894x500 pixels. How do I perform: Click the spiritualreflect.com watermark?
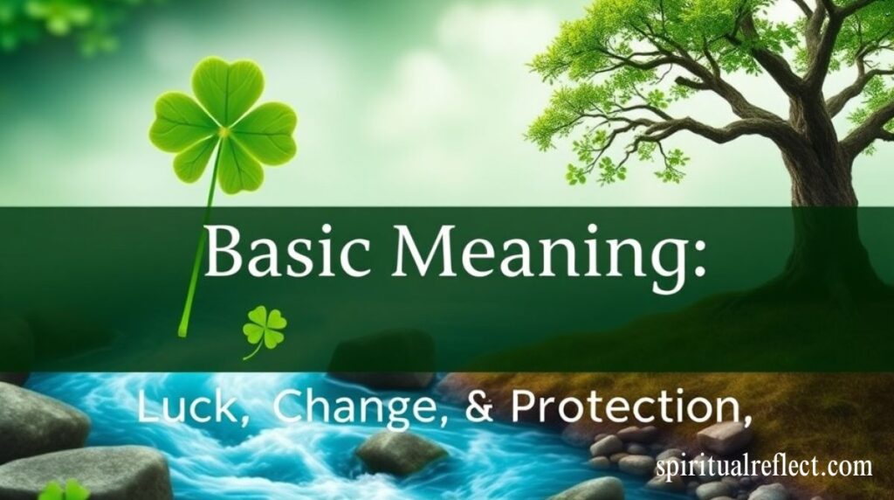pyautogui.click(x=764, y=466)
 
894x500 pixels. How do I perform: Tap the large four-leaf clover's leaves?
pyautogui.click(x=223, y=126)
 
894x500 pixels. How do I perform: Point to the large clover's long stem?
pyautogui.click(x=199, y=234)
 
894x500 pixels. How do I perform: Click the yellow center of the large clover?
pyautogui.click(x=223, y=131)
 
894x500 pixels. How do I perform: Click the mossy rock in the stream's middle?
pyautogui.click(x=400, y=453)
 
